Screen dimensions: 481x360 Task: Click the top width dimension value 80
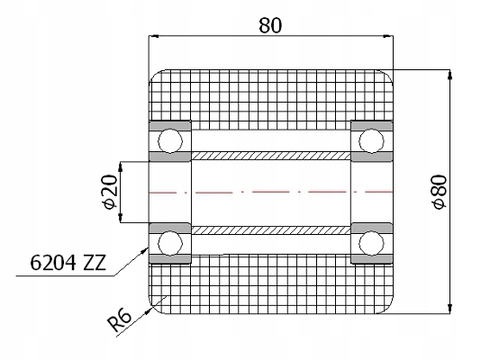(x=270, y=25)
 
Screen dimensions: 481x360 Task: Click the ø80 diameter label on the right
(x=440, y=192)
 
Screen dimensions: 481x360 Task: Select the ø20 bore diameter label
(x=111, y=192)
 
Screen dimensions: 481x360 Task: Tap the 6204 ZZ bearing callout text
(x=68, y=263)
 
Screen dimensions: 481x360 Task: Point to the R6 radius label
(x=120, y=320)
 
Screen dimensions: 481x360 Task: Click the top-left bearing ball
(x=170, y=141)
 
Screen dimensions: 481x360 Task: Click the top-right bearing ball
(x=371, y=141)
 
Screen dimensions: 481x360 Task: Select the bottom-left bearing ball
(x=170, y=243)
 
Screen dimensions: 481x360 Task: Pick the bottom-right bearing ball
(x=371, y=243)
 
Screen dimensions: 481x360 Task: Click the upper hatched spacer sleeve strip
(x=271, y=156)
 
